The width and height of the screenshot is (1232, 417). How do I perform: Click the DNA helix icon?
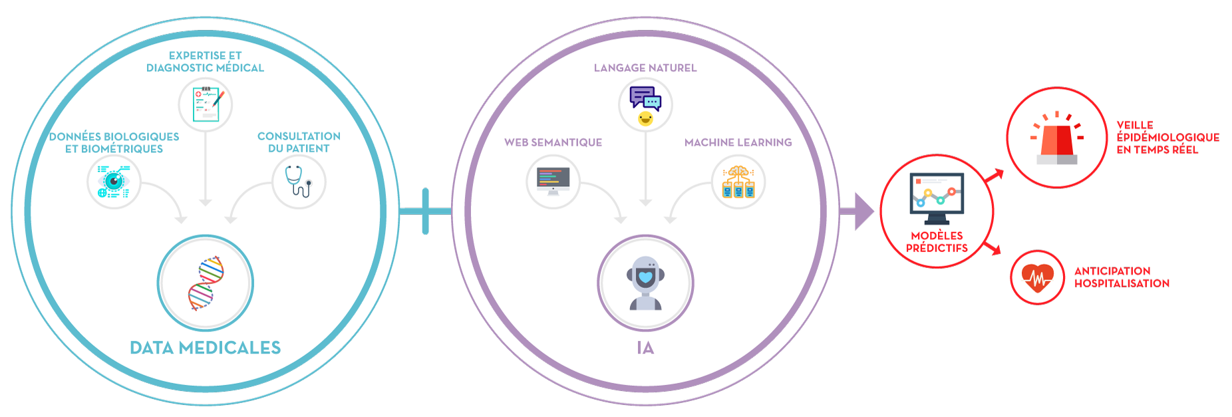click(x=206, y=284)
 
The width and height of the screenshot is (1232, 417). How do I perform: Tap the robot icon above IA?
click(x=645, y=283)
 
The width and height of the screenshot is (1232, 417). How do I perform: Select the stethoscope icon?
click(x=299, y=182)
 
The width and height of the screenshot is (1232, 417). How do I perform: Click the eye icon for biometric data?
click(x=114, y=182)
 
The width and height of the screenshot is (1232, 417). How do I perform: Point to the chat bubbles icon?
click(x=645, y=105)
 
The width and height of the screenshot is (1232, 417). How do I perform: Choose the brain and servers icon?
click(x=738, y=182)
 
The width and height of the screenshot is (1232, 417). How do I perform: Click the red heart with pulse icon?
click(x=1037, y=278)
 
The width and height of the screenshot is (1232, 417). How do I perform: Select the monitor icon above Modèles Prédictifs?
click(x=937, y=198)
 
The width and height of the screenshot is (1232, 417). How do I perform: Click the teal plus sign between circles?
click(x=425, y=211)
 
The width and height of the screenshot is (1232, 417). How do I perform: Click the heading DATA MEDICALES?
click(x=206, y=348)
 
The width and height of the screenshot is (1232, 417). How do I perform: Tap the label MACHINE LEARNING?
click(x=738, y=142)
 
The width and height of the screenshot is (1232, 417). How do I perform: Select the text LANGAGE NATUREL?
click(x=645, y=68)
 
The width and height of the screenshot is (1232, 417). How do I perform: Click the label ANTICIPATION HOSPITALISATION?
click(x=1122, y=277)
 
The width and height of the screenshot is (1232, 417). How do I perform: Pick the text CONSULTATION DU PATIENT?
click(x=299, y=142)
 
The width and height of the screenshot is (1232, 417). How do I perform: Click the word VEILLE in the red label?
click(x=1135, y=125)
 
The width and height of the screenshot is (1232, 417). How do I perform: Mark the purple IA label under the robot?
click(x=645, y=348)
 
